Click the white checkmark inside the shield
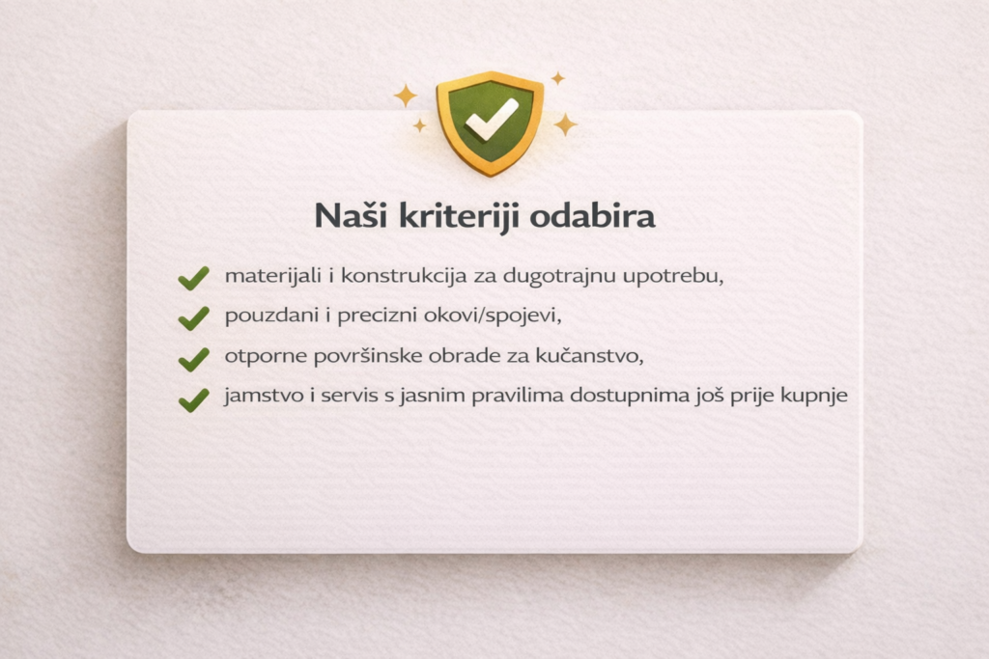tap(492, 120)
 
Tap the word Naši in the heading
tap(349, 215)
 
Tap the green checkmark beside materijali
tap(193, 279)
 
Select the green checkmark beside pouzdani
tap(193, 317)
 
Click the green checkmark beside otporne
tap(193, 359)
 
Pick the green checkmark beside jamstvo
tap(193, 399)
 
